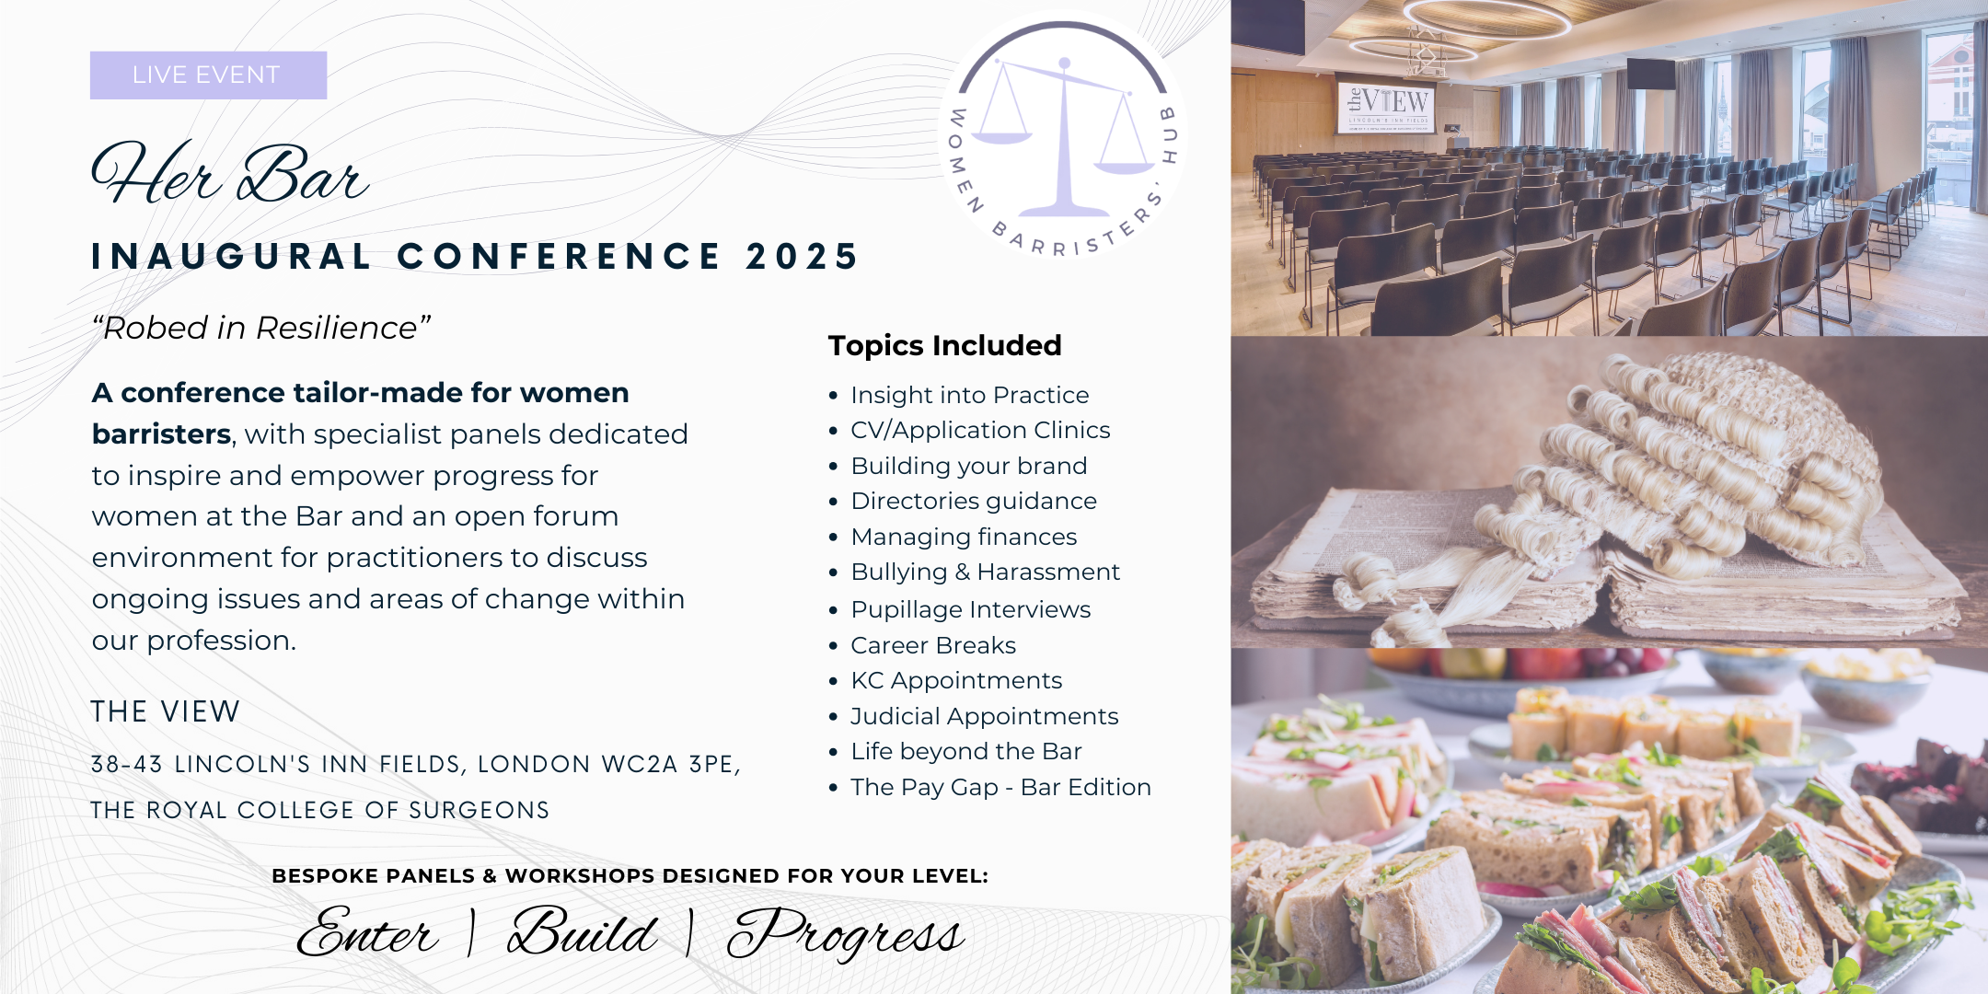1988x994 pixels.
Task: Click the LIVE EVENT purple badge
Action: tap(208, 75)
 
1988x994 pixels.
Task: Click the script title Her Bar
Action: tap(230, 173)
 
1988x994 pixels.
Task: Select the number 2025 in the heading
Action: tap(802, 256)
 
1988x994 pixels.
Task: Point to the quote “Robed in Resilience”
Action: tap(261, 328)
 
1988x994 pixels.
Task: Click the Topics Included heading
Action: tap(944, 345)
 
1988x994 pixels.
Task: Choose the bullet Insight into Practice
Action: tap(969, 395)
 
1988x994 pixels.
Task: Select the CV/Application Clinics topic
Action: tap(980, 430)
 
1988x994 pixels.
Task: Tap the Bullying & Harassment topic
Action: tap(985, 572)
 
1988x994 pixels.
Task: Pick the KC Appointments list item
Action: tap(956, 680)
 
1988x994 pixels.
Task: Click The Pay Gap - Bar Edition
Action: tap(1000, 787)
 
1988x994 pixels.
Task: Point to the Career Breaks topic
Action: tap(933, 645)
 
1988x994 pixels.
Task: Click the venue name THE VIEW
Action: tap(166, 711)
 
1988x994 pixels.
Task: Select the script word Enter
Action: tap(368, 931)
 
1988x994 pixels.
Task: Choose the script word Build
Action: tap(582, 931)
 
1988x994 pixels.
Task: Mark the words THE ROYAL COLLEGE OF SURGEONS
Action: tap(320, 810)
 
